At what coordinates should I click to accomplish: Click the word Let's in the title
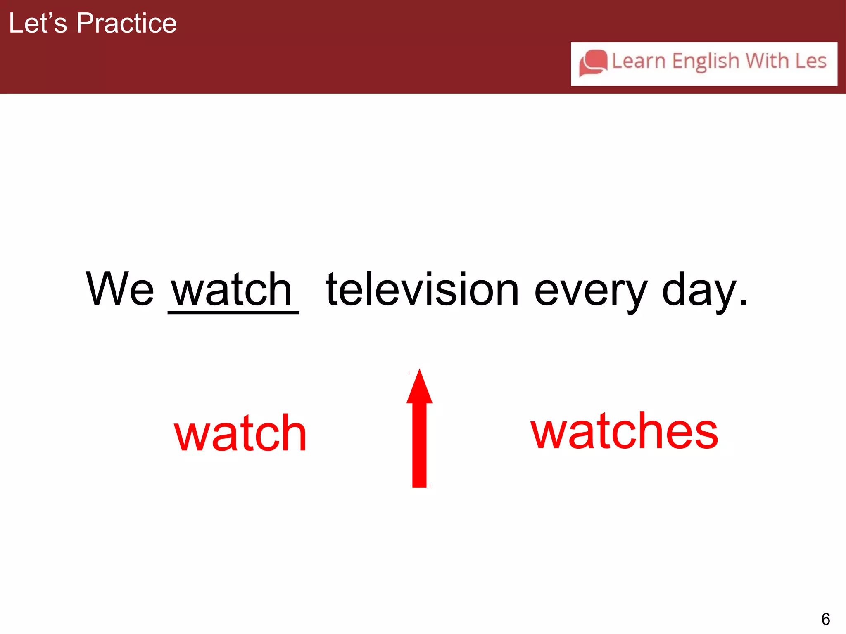pos(38,23)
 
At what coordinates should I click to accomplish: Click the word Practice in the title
pos(126,23)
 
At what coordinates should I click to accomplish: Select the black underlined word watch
pos(232,290)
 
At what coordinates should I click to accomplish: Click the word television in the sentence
pos(422,290)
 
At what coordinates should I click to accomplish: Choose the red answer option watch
pos(240,433)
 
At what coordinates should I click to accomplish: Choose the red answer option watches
pos(624,431)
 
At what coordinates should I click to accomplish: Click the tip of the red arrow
pos(419,371)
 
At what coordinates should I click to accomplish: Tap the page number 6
pos(825,619)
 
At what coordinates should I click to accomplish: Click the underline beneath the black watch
pos(233,312)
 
